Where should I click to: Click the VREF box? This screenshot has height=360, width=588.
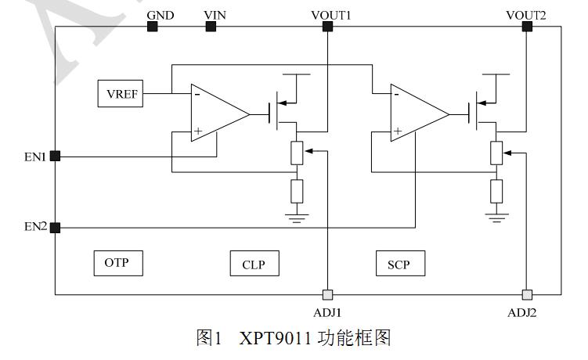(121, 94)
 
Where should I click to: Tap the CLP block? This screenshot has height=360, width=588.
(254, 264)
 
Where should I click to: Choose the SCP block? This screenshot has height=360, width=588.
(399, 264)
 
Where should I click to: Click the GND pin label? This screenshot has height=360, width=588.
(161, 15)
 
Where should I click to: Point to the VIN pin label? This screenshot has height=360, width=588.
(215, 15)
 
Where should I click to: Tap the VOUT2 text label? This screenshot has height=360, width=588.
(526, 15)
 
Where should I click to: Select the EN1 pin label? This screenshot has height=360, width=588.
(34, 156)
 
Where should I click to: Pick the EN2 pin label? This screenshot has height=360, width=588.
(34, 227)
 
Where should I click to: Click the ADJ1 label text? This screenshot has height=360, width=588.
(327, 311)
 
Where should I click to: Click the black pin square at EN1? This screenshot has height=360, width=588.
(55, 156)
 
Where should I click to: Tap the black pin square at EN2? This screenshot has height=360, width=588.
(55, 227)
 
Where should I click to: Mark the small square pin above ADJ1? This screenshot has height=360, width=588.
(328, 294)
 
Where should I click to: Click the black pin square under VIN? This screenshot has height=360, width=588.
(211, 27)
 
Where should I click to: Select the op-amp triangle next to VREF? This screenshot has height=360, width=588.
(215, 114)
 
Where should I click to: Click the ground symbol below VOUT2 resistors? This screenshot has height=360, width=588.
(496, 214)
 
